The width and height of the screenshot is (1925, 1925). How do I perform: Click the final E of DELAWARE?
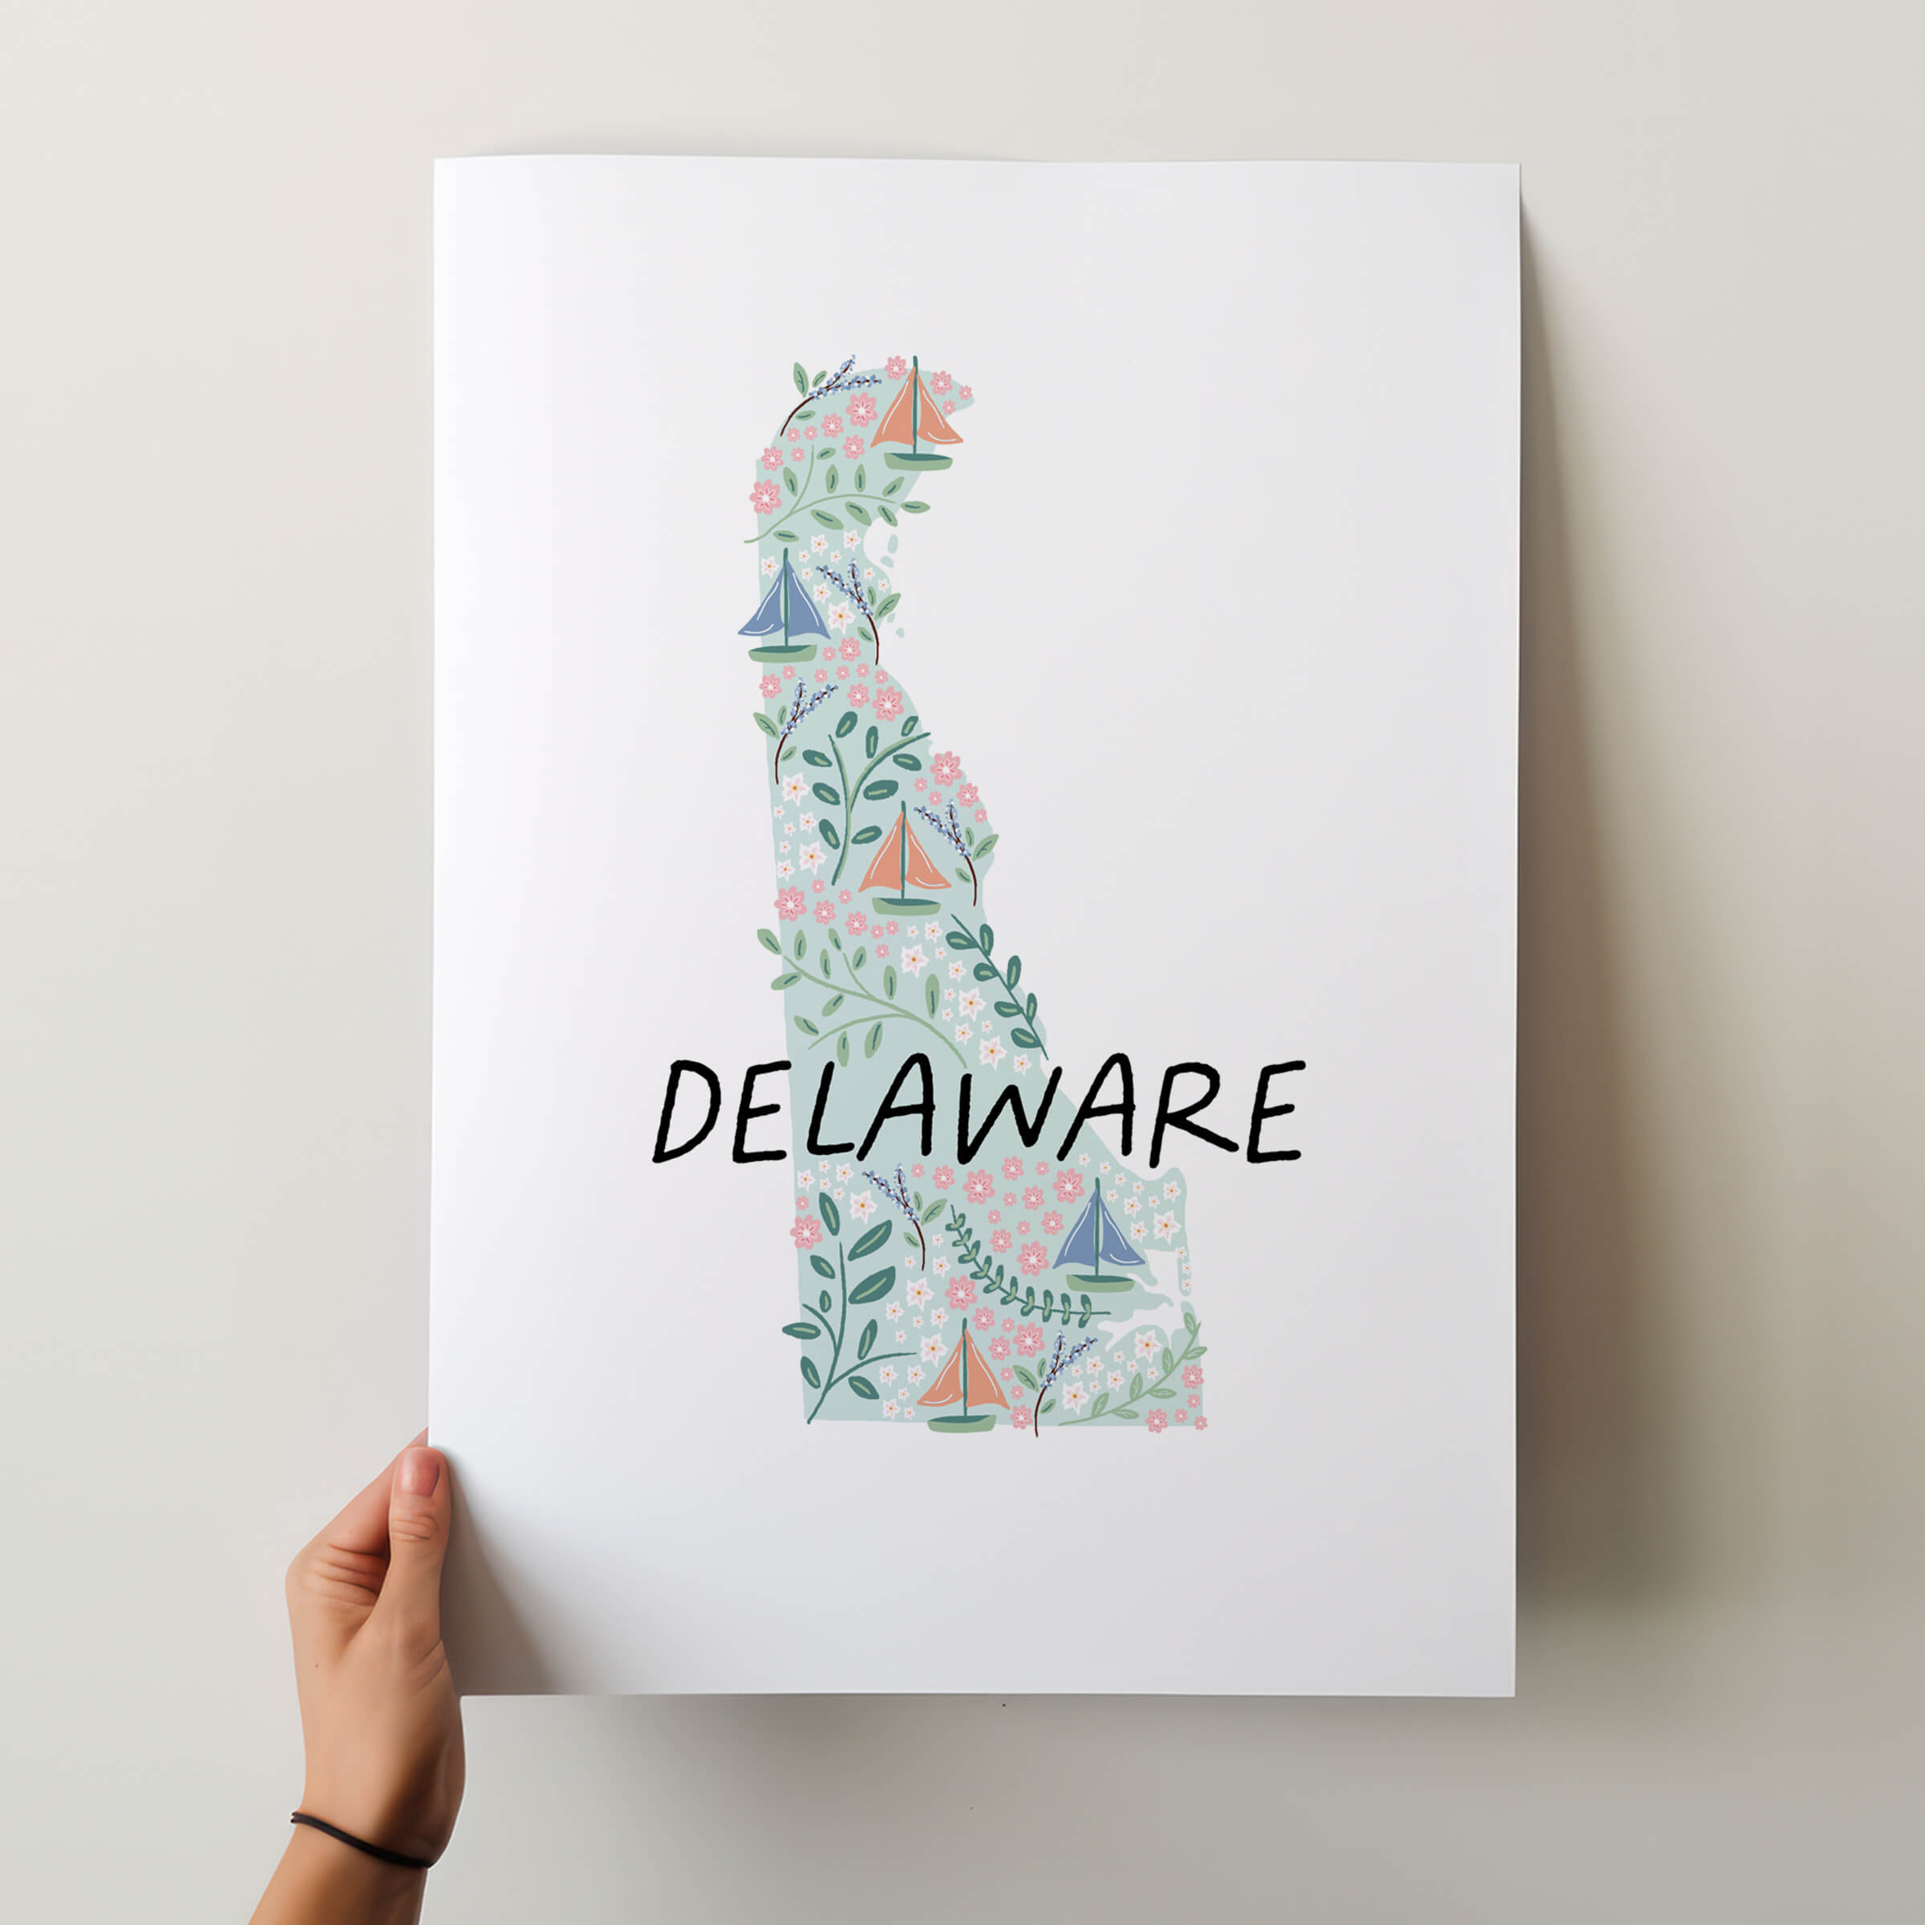(x=1270, y=1112)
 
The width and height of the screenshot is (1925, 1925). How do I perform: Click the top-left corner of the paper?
(x=436, y=160)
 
